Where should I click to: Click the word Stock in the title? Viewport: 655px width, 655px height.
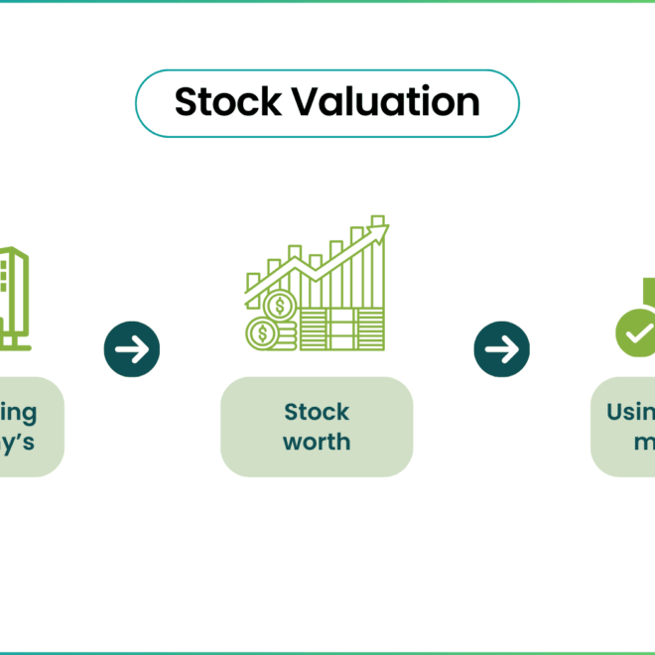218,102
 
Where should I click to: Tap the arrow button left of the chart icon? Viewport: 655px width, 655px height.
132,348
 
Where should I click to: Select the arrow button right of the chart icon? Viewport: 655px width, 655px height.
501,348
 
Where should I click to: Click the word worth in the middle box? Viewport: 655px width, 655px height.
317,442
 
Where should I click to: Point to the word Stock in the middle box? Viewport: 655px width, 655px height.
317,412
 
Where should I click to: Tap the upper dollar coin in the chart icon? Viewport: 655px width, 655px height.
281,305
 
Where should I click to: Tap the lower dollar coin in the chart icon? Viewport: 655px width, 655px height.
263,332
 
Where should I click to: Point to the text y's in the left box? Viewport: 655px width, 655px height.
18,442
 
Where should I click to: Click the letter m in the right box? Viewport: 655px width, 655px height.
645,442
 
